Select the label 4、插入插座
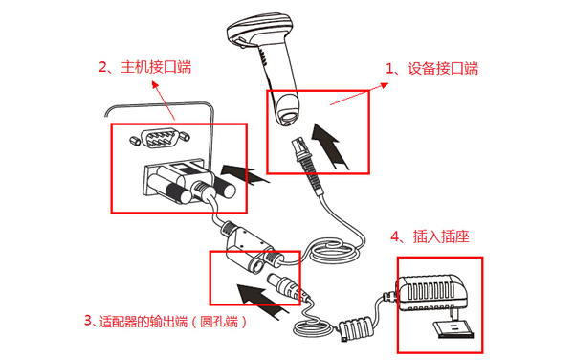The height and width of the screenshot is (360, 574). (x=432, y=236)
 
